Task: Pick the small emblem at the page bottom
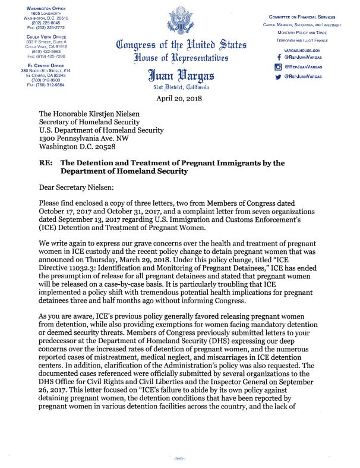[x=176, y=458]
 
